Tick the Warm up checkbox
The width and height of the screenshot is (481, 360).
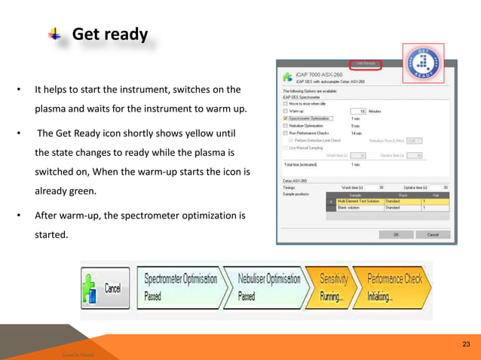point(285,111)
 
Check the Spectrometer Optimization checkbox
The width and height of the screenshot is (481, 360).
point(285,118)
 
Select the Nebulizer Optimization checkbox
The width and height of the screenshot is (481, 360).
point(285,126)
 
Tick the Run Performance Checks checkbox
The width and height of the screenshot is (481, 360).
point(285,133)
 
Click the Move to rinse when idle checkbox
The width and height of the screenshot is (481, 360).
point(285,104)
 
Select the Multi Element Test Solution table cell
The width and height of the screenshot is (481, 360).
point(359,201)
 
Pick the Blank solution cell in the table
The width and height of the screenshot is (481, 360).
point(359,207)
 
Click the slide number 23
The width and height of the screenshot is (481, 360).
point(466,344)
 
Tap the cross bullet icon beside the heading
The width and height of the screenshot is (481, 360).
point(54,35)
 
